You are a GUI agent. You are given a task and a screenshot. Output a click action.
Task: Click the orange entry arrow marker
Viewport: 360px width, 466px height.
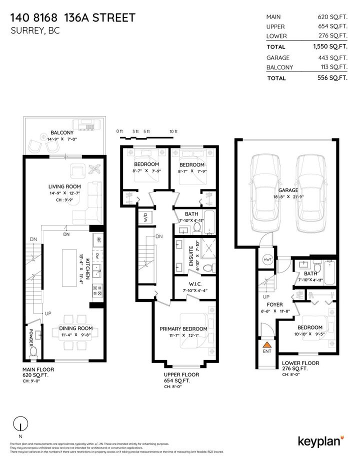pos(267,344)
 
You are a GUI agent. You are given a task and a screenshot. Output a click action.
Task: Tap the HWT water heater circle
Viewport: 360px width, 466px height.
pos(267,260)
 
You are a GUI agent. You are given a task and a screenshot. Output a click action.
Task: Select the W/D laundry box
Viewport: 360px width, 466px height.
pos(142,218)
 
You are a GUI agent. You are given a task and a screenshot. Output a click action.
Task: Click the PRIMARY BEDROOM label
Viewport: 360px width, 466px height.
pos(183,328)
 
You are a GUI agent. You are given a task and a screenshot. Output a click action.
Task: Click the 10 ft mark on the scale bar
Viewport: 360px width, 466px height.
pos(173,131)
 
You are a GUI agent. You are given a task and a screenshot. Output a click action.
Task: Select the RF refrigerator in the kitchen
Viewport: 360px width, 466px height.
pos(98,239)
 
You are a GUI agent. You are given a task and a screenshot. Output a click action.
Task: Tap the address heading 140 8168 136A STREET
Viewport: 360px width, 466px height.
pos(72,18)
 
